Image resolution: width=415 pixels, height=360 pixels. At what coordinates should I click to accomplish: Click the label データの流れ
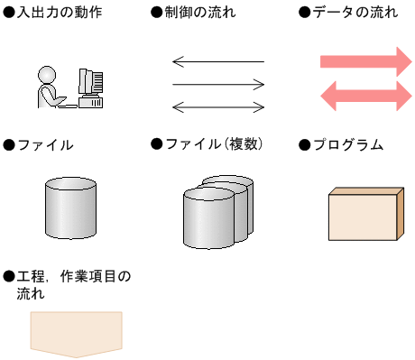pos(353,14)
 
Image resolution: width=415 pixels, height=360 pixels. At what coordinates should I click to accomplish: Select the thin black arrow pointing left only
pos(217,62)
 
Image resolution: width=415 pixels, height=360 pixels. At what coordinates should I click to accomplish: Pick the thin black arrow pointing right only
pos(217,85)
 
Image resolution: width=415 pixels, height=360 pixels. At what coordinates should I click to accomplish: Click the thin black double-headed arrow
pos(217,107)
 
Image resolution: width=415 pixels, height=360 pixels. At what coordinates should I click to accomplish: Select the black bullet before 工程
pos(9,275)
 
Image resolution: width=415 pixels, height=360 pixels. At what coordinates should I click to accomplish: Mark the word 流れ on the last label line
pos(32,294)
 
